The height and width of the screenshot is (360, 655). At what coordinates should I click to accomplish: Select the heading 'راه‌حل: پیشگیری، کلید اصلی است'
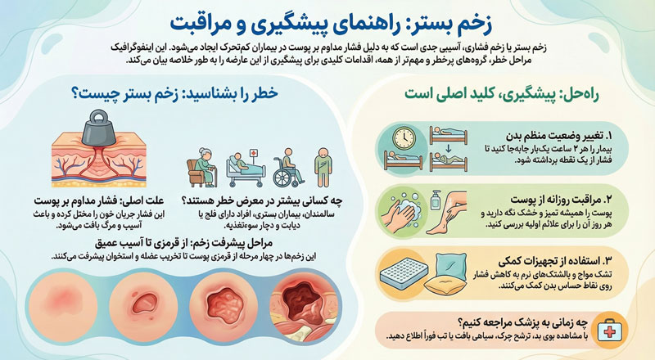coord(499,92)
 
